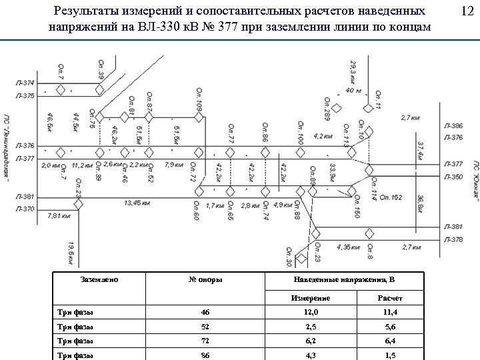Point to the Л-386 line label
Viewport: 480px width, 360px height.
453,127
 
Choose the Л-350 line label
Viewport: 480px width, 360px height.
453,177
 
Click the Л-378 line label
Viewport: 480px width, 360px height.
453,239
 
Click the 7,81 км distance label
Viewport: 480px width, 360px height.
59,216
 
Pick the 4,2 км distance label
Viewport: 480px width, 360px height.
323,136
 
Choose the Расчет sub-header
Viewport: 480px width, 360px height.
389,297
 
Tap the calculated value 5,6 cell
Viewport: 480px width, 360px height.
389,327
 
